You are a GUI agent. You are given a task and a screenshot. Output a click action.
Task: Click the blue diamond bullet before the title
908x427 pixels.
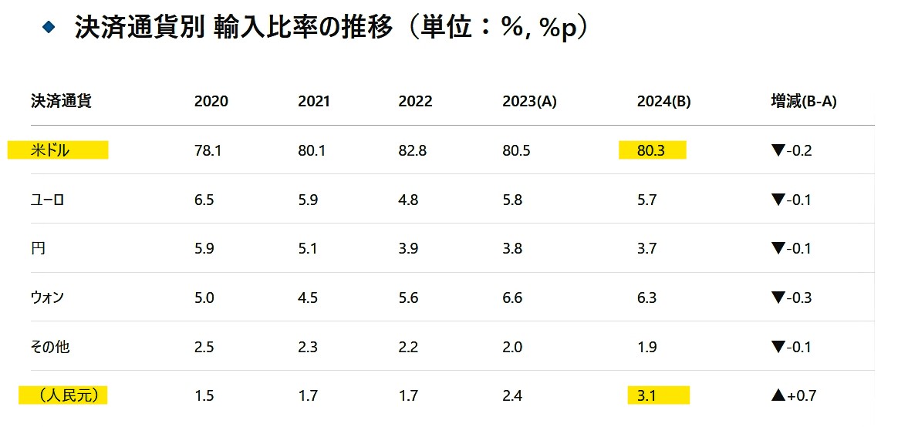[50, 27]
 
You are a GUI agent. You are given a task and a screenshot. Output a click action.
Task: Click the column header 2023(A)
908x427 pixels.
[528, 101]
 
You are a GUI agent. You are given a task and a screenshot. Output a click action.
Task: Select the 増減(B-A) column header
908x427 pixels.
[804, 101]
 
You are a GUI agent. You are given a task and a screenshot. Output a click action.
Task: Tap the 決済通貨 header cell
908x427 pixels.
[61, 101]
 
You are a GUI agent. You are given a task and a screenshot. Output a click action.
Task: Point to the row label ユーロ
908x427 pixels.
[48, 200]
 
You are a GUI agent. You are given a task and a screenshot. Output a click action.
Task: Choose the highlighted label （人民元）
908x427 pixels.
[64, 396]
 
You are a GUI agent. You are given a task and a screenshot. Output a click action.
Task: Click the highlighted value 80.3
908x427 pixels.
[651, 150]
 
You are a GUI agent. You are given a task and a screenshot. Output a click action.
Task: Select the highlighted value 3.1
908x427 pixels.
[647, 396]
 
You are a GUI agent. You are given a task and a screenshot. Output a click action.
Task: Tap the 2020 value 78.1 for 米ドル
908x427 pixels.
[208, 150]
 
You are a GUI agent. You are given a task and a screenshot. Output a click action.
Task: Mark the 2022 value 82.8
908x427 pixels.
[413, 150]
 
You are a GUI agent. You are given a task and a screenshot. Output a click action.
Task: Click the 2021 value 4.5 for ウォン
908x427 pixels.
[308, 298]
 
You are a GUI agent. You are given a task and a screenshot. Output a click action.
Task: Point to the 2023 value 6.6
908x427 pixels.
[512, 298]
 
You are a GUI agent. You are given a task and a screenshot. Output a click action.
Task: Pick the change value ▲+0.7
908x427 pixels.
[794, 396]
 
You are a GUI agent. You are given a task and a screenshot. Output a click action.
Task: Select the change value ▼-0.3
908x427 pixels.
[792, 298]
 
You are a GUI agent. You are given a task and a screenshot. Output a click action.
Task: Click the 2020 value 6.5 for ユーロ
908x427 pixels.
[204, 200]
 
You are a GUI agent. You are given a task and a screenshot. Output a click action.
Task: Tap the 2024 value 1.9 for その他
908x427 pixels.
[647, 347]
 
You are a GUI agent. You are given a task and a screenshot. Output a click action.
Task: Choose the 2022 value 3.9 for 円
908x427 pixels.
[409, 248]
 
